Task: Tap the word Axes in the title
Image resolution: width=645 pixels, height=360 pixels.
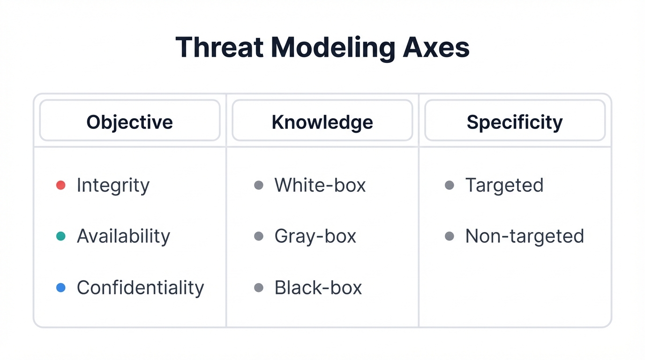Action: (436, 47)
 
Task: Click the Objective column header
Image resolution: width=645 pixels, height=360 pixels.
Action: (130, 122)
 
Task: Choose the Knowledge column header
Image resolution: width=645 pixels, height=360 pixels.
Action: (322, 122)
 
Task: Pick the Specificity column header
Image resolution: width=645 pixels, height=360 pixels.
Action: (515, 122)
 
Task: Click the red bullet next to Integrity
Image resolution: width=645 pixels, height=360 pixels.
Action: (60, 185)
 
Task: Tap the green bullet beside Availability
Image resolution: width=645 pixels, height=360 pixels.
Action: (60, 236)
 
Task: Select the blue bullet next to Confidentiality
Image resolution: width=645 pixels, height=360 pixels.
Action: (60, 287)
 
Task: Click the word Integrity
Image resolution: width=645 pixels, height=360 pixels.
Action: (113, 185)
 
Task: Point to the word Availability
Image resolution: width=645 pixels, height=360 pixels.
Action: (123, 236)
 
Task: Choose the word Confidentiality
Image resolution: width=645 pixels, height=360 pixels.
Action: (140, 287)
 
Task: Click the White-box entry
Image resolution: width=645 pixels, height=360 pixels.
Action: (320, 185)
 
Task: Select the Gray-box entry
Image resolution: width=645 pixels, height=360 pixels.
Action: (315, 236)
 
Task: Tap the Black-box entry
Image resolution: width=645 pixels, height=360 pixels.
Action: (318, 287)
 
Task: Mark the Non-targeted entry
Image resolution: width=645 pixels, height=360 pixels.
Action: (524, 236)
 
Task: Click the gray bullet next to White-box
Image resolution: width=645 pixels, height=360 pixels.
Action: (258, 185)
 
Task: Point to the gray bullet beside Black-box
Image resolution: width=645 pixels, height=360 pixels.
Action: (258, 287)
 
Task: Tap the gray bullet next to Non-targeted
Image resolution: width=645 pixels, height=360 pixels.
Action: (449, 236)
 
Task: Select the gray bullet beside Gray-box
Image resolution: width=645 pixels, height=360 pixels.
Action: (258, 236)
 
